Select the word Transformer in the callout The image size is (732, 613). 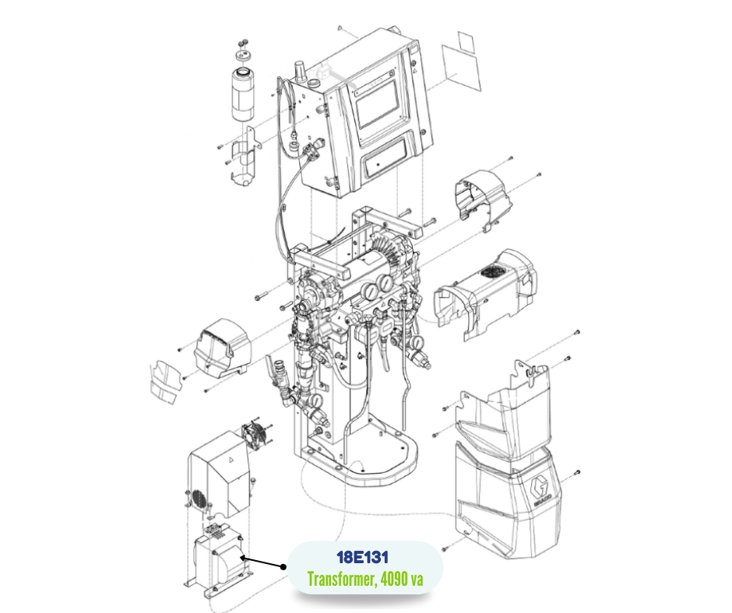point(337,580)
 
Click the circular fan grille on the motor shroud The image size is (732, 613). point(493,273)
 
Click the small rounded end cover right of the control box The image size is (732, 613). point(484,198)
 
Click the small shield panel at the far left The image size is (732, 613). point(165,381)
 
